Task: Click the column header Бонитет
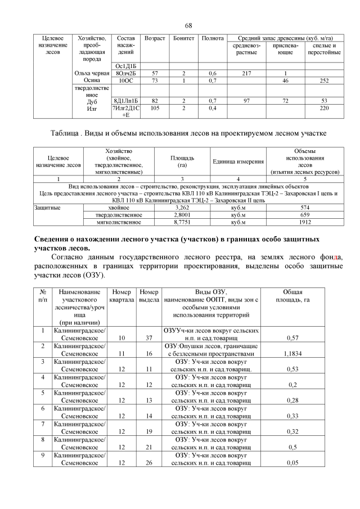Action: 184,38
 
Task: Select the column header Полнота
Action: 213,38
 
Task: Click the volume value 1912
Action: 304,222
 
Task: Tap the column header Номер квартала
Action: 121,296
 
